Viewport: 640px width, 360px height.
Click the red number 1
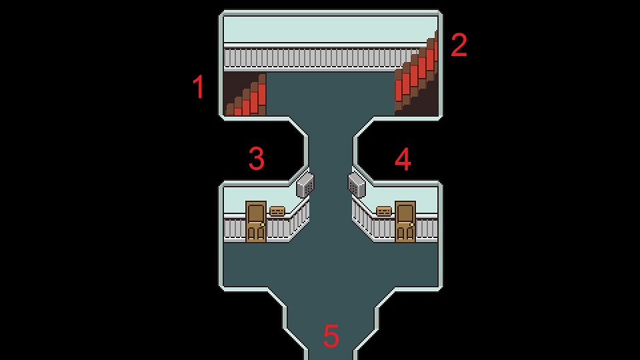199,87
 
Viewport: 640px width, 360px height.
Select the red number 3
257,159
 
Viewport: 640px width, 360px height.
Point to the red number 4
403,159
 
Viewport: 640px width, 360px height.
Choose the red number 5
331,336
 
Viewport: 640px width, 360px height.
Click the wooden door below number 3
256,221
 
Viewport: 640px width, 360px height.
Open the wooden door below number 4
405,221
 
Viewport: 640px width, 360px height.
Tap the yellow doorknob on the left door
263,225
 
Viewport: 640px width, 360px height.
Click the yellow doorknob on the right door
412,225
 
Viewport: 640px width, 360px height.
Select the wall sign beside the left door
277,211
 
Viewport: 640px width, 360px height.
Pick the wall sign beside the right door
384,211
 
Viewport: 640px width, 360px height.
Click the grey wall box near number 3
305,185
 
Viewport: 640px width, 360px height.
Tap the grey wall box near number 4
357,185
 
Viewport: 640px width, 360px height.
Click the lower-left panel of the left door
251,233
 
